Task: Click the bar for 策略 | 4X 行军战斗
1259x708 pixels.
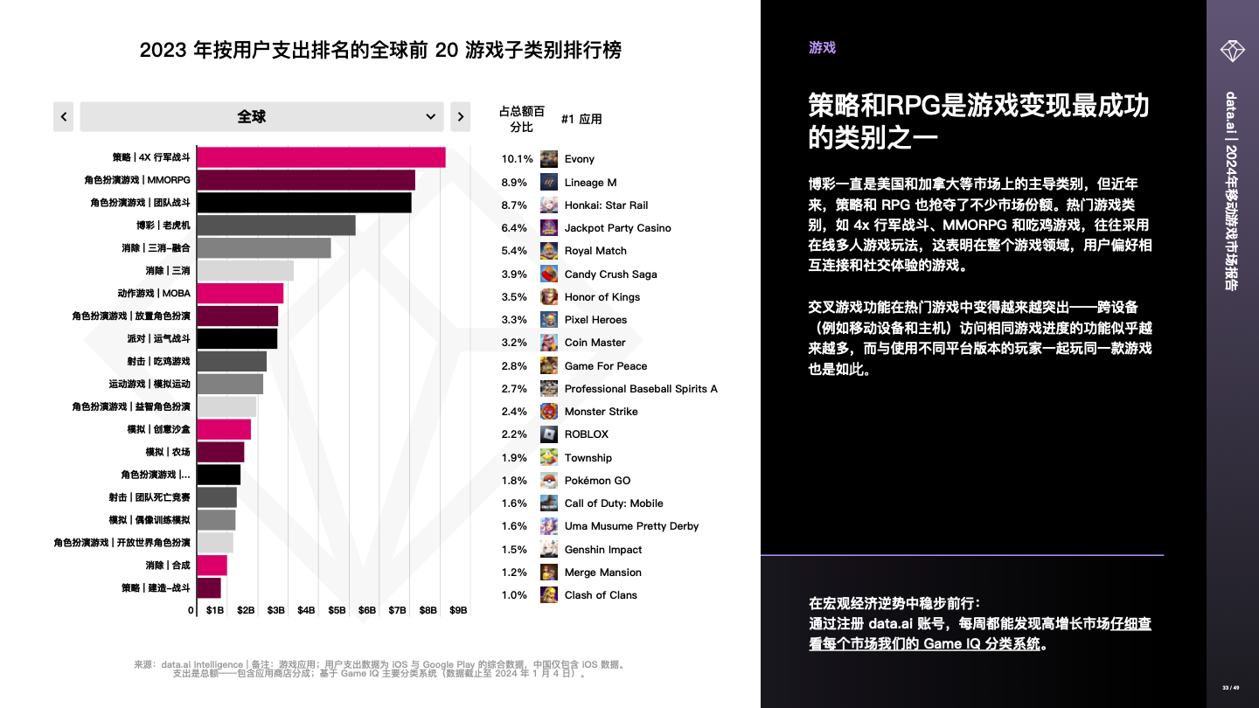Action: [321, 157]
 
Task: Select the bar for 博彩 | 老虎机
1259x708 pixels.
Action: [275, 226]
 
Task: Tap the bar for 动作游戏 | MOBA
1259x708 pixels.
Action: [240, 294]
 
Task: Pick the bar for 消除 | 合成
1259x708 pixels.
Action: [212, 566]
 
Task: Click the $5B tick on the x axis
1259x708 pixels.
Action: [337, 610]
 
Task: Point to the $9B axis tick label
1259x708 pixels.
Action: [458, 610]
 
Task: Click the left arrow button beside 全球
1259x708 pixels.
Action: [63, 116]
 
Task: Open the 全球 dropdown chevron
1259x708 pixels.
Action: [430, 116]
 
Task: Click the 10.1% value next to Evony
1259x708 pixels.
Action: [517, 159]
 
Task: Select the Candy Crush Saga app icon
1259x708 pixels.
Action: [548, 274]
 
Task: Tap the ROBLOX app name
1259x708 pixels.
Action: [586, 434]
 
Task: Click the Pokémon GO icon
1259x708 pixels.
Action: [548, 480]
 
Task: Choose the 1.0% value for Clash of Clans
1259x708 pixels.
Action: [514, 595]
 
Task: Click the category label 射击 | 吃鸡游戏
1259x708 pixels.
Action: [158, 361]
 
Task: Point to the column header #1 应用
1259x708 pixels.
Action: [581, 119]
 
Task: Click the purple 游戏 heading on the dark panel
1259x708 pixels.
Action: [822, 48]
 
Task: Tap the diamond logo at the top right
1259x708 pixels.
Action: [1233, 50]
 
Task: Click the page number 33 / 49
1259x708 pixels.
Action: [1230, 688]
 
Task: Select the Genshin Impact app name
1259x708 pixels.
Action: [602, 550]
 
